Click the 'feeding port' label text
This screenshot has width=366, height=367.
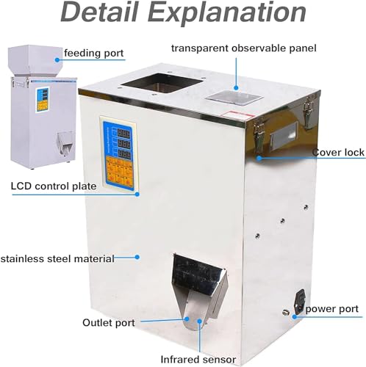[94, 54]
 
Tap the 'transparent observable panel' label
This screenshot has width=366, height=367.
[244, 48]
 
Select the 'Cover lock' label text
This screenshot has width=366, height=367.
[338, 152]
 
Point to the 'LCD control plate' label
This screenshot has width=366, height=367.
[54, 186]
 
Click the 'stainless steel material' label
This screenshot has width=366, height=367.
[57, 258]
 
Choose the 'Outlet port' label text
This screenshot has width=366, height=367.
[109, 323]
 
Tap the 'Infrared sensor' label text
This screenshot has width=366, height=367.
[198, 360]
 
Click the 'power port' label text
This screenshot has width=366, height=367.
[332, 309]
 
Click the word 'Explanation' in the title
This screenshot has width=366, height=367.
[227, 12]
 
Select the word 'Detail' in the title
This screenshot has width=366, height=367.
[99, 12]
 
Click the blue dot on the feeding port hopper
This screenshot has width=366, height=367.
[57, 59]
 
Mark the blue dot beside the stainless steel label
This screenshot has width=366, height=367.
[137, 257]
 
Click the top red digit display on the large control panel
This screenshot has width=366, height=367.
[123, 134]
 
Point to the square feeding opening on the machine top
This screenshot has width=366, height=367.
[162, 83]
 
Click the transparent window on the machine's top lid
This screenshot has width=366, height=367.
[234, 98]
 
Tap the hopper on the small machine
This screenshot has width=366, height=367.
[35, 60]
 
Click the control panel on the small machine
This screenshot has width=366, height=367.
[43, 100]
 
